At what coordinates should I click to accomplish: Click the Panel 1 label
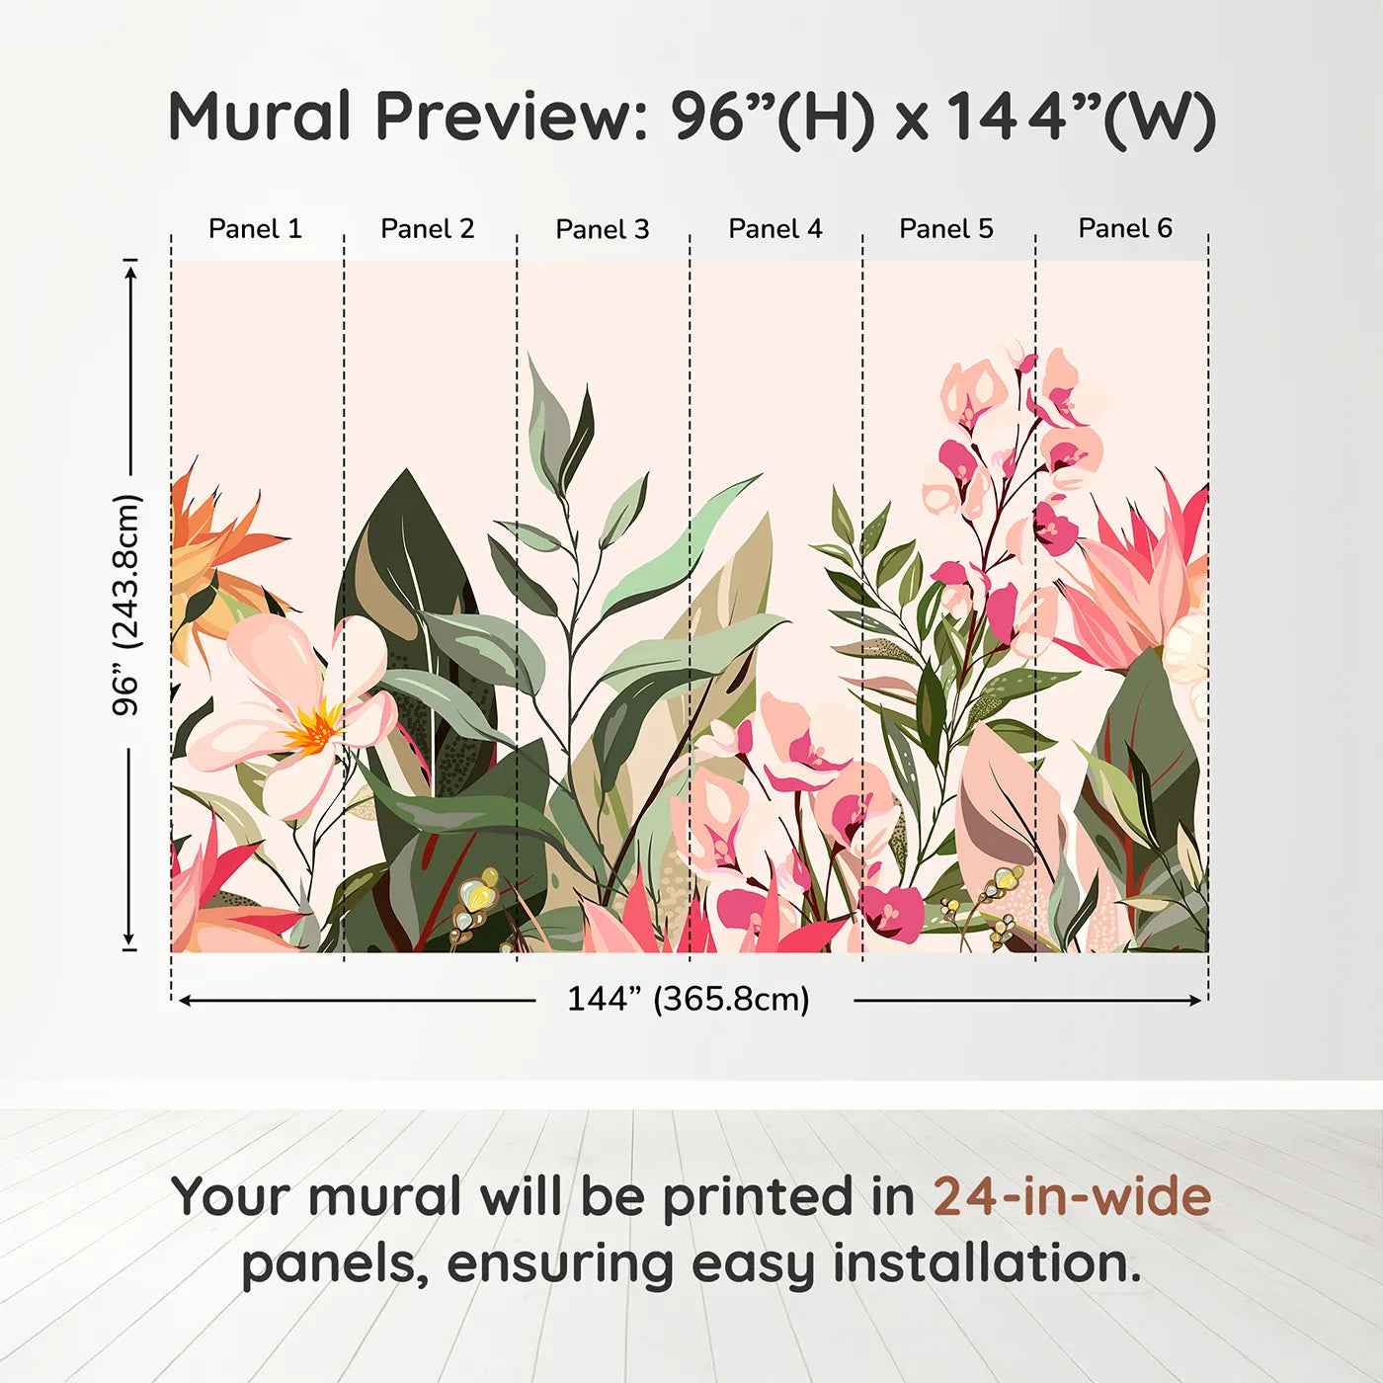255,229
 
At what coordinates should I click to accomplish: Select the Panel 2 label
428,229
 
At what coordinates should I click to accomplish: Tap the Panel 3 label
603,230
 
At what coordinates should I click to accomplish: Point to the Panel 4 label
775,229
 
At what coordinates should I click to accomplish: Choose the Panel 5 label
946,229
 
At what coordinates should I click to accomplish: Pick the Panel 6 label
1125,228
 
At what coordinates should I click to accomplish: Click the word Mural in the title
260,117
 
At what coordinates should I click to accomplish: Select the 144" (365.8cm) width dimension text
689,1000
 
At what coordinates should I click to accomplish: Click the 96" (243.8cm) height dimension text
127,605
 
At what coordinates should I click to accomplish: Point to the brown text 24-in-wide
1072,1197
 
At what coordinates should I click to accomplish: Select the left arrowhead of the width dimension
185,1001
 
